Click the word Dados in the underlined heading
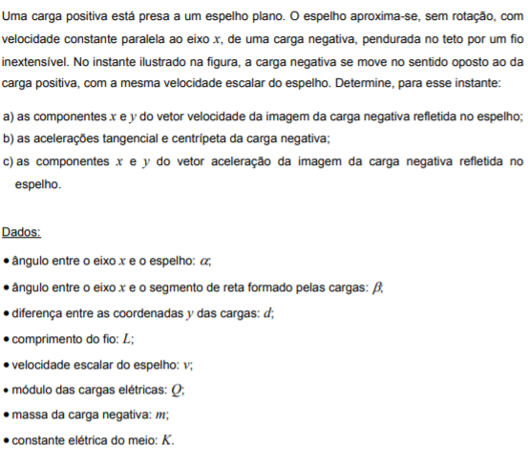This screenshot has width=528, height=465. (x=20, y=232)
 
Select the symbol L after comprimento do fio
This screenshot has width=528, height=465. (x=126, y=339)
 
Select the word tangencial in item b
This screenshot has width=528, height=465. (x=111, y=137)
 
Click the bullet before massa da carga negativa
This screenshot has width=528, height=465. (x=7, y=417)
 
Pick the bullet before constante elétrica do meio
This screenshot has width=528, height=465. (x=7, y=443)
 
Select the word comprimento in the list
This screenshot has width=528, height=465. (x=49, y=339)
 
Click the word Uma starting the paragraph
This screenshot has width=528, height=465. (x=16, y=17)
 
